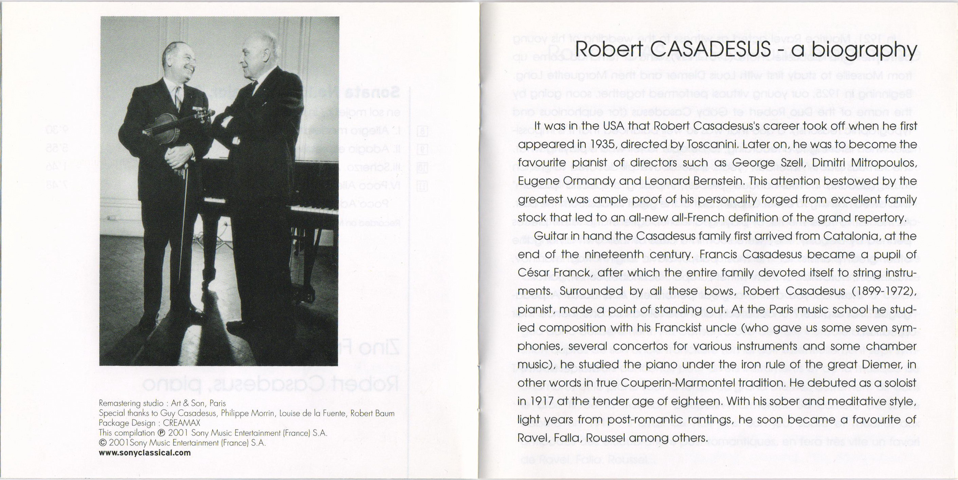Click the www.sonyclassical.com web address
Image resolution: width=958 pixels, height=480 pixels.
pyautogui.click(x=145, y=453)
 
